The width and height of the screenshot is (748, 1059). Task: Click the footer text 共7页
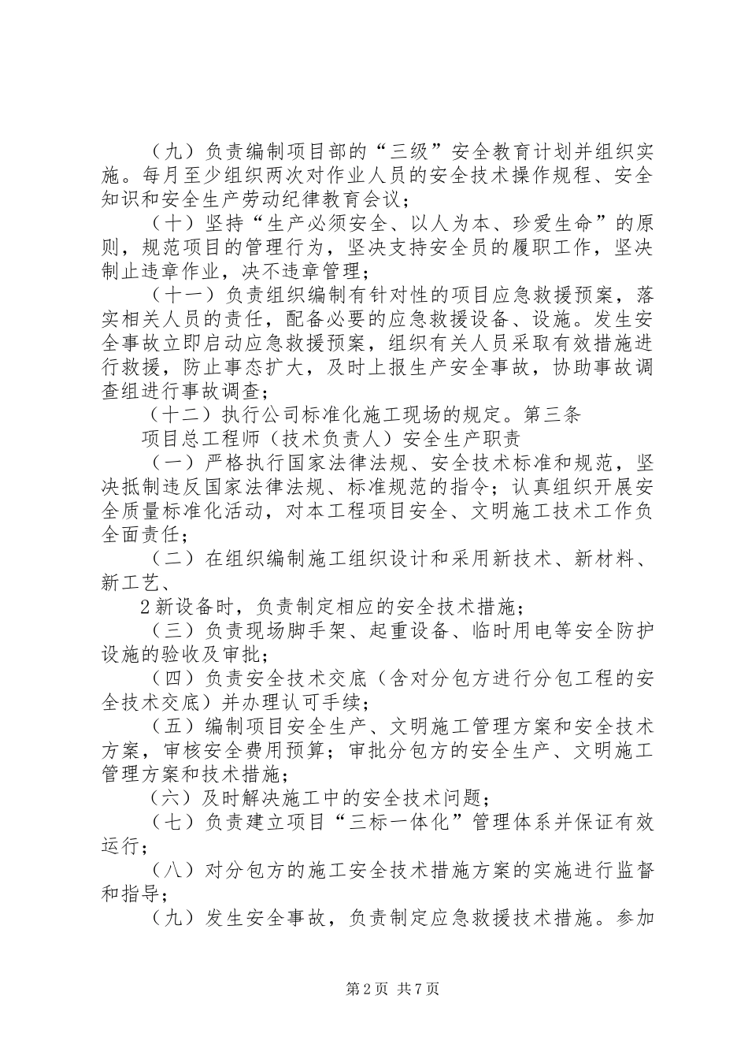[x=419, y=989]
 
